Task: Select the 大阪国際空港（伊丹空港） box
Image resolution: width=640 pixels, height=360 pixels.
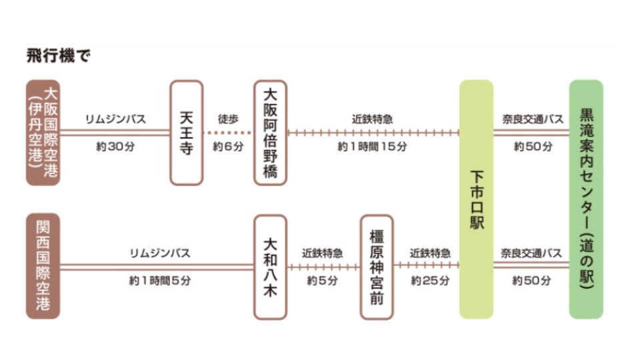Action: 43,133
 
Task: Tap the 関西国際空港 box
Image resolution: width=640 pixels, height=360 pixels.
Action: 43,266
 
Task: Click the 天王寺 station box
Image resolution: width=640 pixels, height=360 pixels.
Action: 186,133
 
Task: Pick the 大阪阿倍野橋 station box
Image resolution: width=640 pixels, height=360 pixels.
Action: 271,133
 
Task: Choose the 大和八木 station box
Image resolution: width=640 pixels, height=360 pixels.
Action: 271,266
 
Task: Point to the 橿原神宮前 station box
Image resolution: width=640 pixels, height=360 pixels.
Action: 376,266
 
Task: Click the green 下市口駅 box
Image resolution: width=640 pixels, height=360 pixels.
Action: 477,199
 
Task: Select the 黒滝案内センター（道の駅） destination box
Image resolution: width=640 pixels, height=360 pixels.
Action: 586,199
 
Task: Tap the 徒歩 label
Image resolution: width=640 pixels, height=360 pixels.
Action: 228,119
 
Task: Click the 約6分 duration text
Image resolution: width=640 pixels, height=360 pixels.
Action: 228,147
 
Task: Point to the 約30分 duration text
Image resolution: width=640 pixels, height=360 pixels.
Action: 115,147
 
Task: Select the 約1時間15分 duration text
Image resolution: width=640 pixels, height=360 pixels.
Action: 372,147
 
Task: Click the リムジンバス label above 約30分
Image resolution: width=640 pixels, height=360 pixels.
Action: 115,119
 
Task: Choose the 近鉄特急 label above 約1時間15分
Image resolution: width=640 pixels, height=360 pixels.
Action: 372,119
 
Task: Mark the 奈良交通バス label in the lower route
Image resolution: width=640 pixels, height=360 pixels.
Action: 532,253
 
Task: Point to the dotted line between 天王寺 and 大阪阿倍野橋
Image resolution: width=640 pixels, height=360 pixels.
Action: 228,133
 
